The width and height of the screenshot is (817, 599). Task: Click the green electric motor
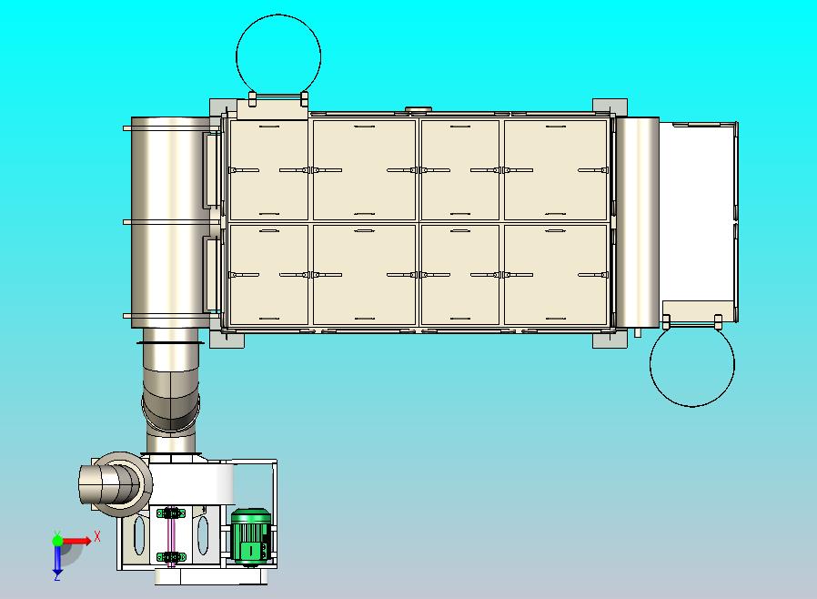(x=250, y=536)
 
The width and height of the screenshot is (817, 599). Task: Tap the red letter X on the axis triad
(x=97, y=536)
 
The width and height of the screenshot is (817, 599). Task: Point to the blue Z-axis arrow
(x=57, y=561)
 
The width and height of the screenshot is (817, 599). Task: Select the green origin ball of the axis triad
(x=57, y=540)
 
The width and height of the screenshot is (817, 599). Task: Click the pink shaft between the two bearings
(x=170, y=535)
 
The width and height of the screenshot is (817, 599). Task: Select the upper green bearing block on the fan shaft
(x=171, y=513)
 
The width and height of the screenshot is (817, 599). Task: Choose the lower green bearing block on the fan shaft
(x=171, y=558)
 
